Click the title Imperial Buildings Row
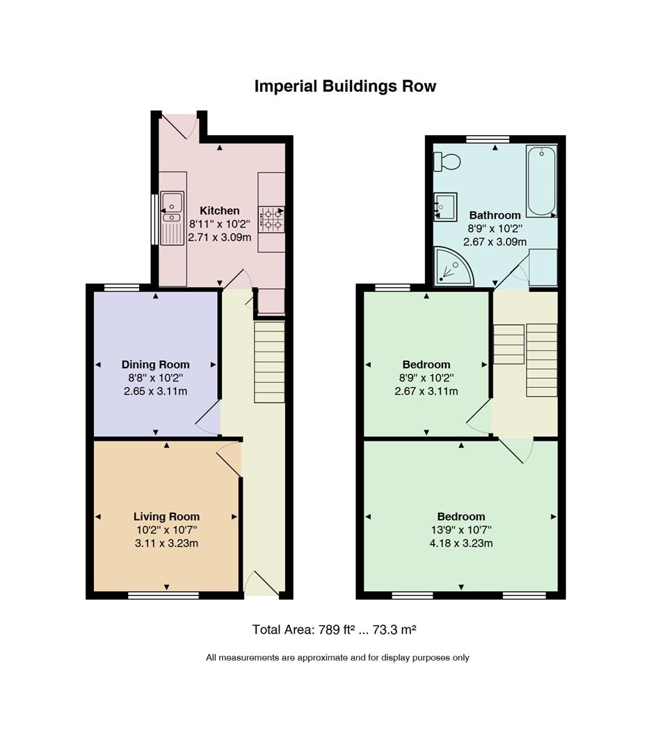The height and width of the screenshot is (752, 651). point(345,86)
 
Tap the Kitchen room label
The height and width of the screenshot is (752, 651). point(219,210)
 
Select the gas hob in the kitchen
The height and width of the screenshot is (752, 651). point(272,219)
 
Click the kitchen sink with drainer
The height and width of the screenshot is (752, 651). point(172,218)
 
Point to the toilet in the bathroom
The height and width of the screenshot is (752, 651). point(447,162)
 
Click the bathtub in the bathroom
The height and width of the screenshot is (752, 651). point(541,181)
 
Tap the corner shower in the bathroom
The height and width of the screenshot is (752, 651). point(452,266)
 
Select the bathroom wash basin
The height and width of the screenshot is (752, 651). point(445,207)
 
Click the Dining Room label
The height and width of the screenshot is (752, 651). point(155,364)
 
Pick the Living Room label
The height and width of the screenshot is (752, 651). point(166,517)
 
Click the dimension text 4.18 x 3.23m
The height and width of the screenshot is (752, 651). point(461,543)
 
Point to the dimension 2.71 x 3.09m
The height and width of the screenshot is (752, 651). point(219,237)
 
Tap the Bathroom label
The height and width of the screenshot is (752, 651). point(495,215)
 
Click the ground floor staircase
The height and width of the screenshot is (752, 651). point(269,362)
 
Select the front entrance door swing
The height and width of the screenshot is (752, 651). point(261,583)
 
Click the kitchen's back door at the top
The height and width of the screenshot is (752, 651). point(179,125)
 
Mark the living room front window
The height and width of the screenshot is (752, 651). point(163,595)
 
